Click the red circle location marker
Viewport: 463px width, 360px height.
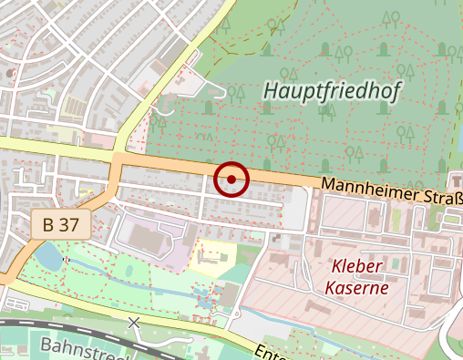(x=231, y=179)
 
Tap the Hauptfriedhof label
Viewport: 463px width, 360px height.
(x=332, y=90)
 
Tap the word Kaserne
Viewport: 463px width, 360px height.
(x=356, y=287)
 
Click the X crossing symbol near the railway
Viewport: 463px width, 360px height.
(x=135, y=323)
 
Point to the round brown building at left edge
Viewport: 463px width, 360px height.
(x=8, y=72)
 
